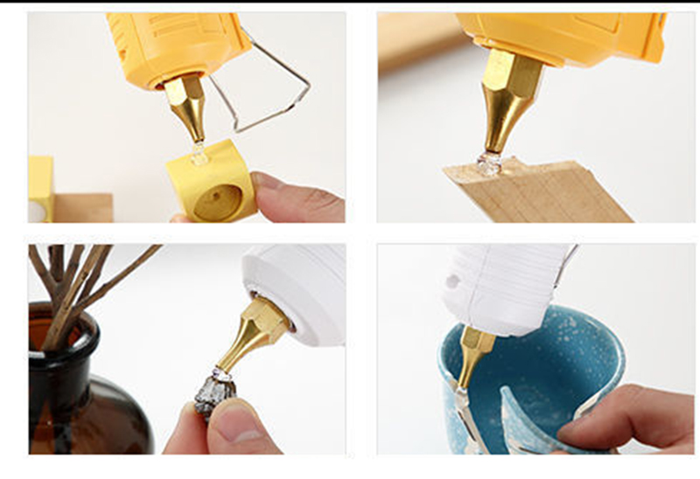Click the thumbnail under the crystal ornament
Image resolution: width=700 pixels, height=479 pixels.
pos(241,434)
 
